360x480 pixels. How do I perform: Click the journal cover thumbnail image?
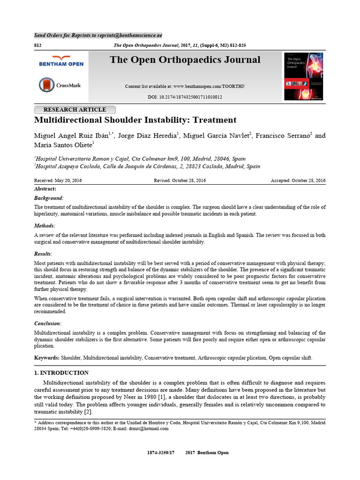point(303,76)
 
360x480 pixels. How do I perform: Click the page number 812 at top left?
point(38,45)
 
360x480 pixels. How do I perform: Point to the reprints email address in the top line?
point(133,35)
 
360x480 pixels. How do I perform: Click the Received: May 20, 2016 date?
point(58,181)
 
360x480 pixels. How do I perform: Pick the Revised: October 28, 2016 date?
point(180,181)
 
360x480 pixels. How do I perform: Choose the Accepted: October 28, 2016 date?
point(298,181)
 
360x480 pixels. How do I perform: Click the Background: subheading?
point(49,198)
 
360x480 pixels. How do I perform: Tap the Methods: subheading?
point(45,226)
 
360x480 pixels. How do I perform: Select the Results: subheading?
point(44,254)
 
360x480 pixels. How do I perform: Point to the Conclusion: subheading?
point(48,323)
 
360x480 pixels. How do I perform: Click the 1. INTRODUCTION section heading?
point(61,373)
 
